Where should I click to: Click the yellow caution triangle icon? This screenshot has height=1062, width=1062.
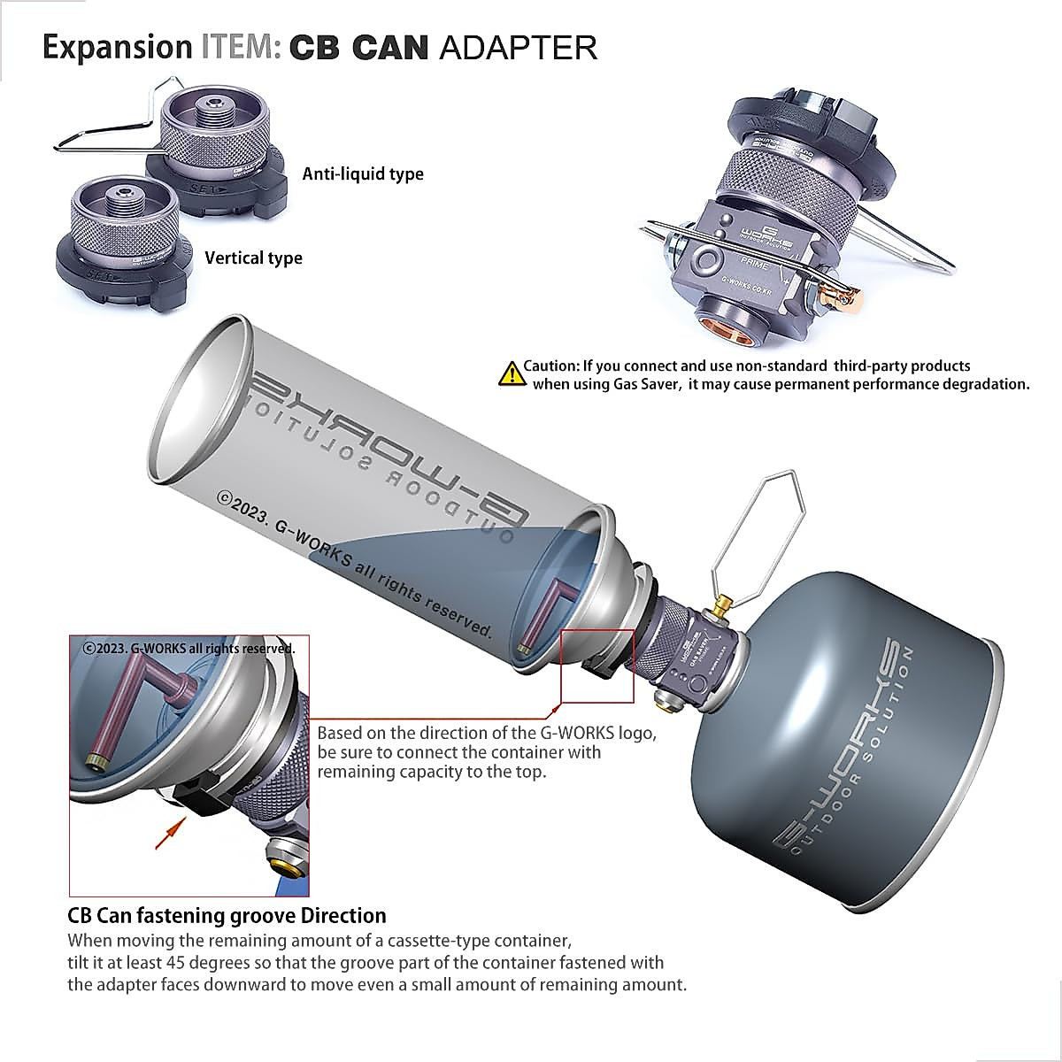click(x=512, y=374)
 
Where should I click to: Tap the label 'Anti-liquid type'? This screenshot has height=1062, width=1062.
click(x=363, y=174)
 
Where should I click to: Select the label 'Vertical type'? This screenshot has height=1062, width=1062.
click(x=253, y=258)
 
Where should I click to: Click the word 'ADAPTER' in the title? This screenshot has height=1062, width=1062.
click(x=518, y=47)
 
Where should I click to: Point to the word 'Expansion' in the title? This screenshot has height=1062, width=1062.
click(x=117, y=47)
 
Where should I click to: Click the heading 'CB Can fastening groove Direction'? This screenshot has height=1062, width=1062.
click(x=227, y=915)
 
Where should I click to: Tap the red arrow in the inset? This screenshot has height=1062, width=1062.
click(x=170, y=834)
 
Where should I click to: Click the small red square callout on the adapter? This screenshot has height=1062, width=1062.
click(x=597, y=666)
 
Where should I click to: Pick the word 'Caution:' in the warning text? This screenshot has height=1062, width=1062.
click(x=551, y=366)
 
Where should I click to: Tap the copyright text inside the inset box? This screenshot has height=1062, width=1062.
click(x=189, y=648)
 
